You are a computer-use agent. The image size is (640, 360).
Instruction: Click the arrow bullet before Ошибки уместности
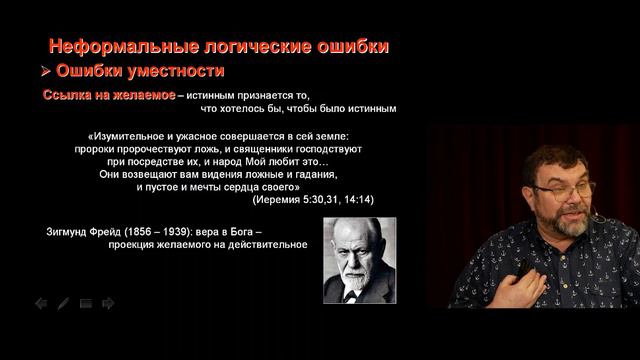45,72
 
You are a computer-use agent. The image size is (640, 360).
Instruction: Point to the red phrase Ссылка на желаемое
108,94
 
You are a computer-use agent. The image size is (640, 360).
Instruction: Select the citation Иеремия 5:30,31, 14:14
313,199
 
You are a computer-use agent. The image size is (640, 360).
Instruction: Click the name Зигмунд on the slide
70,230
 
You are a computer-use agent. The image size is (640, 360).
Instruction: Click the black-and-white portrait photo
359,260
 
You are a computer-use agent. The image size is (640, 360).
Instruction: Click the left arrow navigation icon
41,303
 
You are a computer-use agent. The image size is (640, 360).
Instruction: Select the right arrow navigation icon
108,303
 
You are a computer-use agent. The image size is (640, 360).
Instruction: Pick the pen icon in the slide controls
63,303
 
